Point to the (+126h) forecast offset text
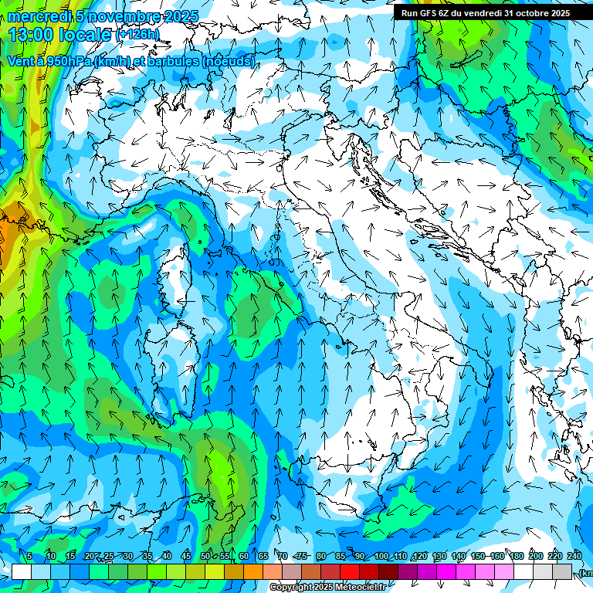pos(137,35)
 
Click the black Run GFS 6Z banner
pos(485,12)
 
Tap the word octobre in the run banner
pos(530,12)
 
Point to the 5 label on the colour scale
pos(29,556)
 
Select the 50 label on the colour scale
pos(205,556)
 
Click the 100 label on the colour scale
pos(381,556)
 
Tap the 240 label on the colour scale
pos(574,556)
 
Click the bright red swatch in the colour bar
pos(350,571)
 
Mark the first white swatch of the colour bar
pos(22,571)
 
